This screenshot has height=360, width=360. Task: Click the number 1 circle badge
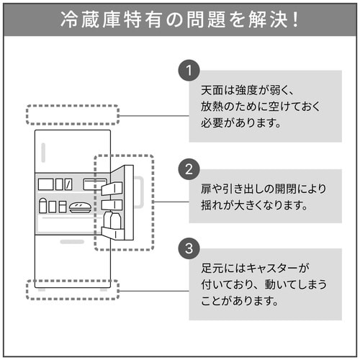(189, 71)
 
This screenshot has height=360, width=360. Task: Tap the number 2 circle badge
(189, 170)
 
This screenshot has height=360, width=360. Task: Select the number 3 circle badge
(189, 250)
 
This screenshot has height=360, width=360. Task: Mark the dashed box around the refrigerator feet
(72, 290)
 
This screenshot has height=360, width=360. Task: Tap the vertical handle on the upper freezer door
(43, 153)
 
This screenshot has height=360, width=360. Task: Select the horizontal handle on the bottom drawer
(72, 242)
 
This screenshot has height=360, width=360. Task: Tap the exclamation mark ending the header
(295, 19)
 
